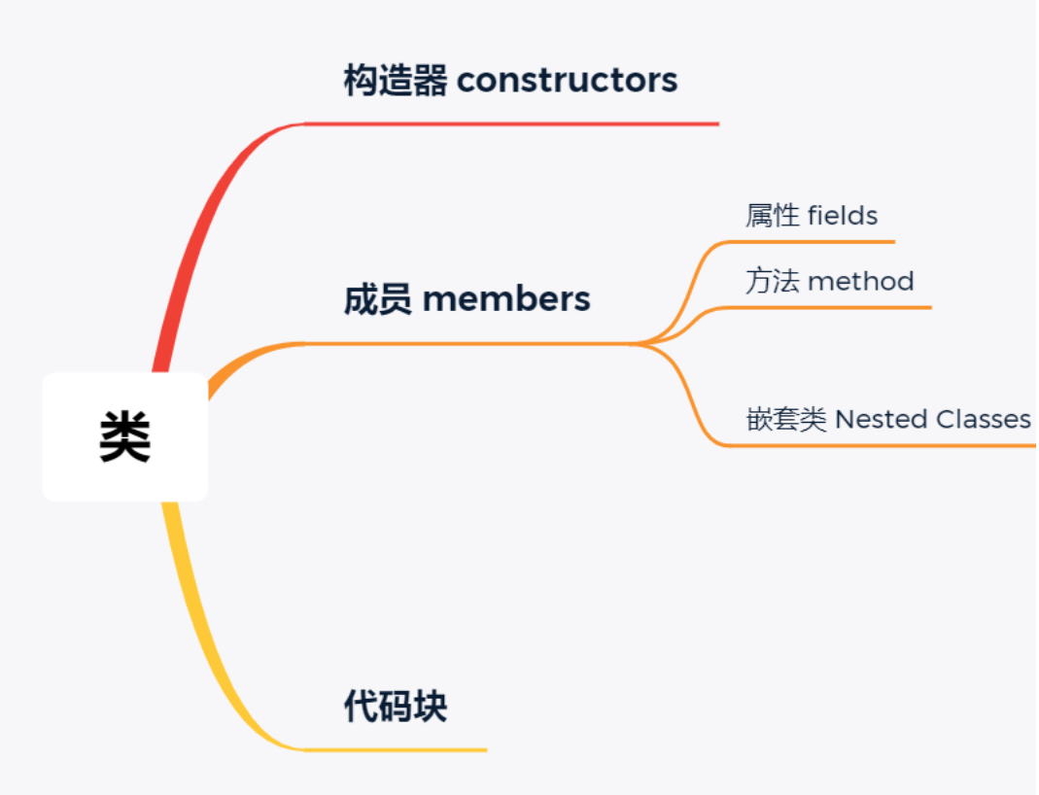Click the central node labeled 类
point(124,436)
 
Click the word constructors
point(567,80)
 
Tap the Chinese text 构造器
point(395,80)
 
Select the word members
point(506,298)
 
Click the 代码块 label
point(396,707)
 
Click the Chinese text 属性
point(773,215)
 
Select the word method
point(861,281)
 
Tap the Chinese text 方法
point(773,281)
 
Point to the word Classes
point(983,419)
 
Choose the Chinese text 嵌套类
point(786,419)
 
